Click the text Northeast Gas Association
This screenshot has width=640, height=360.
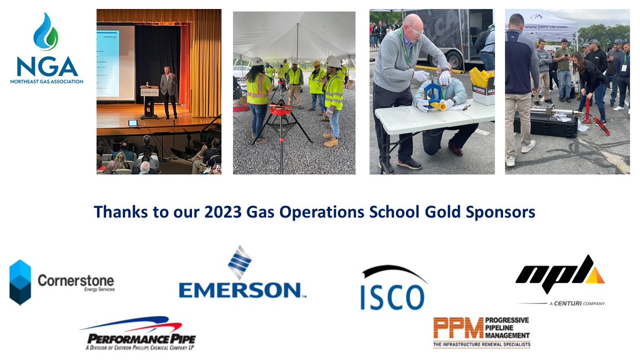pyautogui.click(x=46, y=82)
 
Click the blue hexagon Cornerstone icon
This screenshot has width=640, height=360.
pyautogui.click(x=20, y=282)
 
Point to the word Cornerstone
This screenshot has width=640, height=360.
pyautogui.click(x=76, y=279)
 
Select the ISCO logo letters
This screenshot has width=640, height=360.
pyautogui.click(x=393, y=296)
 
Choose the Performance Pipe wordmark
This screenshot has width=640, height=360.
pyautogui.click(x=141, y=339)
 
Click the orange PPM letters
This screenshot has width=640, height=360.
pyautogui.click(x=458, y=329)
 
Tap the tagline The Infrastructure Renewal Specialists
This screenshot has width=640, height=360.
pyautogui.click(x=482, y=345)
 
